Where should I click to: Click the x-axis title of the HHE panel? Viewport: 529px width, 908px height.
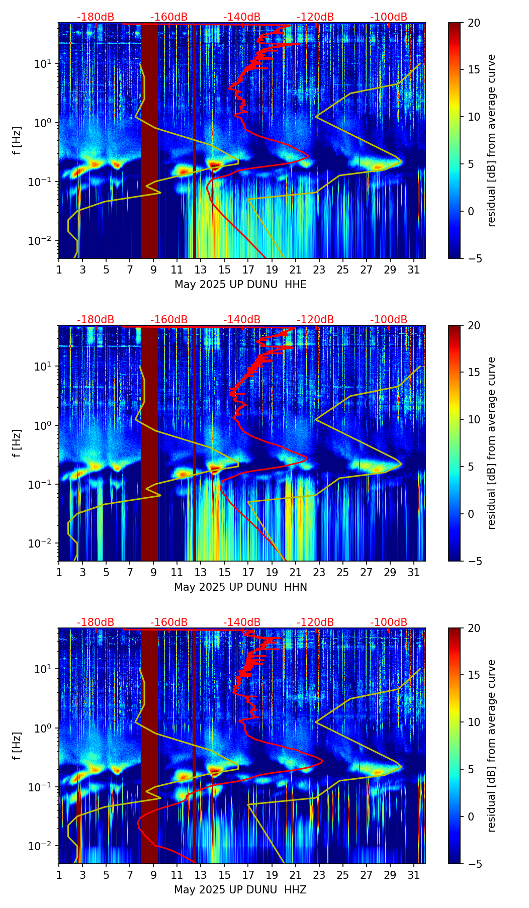pyautogui.click(x=240, y=285)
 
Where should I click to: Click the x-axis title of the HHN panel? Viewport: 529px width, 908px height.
pyautogui.click(x=240, y=587)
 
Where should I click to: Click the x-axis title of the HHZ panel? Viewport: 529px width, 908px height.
pyautogui.click(x=240, y=890)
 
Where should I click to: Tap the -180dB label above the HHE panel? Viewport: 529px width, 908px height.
pyautogui.click(x=96, y=17)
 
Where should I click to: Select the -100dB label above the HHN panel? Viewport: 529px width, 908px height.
pyautogui.click(x=389, y=320)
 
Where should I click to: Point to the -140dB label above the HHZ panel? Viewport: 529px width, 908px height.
pyautogui.click(x=242, y=622)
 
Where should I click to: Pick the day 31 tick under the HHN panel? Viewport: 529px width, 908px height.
pyautogui.click(x=414, y=572)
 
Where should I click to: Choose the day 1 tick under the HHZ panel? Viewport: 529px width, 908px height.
pyautogui.click(x=59, y=875)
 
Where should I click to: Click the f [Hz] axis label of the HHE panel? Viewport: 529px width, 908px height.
pyautogui.click(x=17, y=141)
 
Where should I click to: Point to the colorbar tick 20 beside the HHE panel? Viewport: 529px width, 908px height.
pyautogui.click(x=474, y=23)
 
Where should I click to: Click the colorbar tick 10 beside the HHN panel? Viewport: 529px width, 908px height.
pyautogui.click(x=474, y=419)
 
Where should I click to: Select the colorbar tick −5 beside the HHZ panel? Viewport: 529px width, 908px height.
pyautogui.click(x=474, y=864)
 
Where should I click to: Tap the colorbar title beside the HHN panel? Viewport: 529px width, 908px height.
pyautogui.click(x=491, y=443)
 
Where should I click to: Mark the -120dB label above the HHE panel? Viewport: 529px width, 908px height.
pyautogui.click(x=315, y=17)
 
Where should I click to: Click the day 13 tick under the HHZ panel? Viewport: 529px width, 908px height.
pyautogui.click(x=201, y=875)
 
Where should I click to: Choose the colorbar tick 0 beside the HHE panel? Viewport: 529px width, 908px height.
pyautogui.click(x=471, y=211)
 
